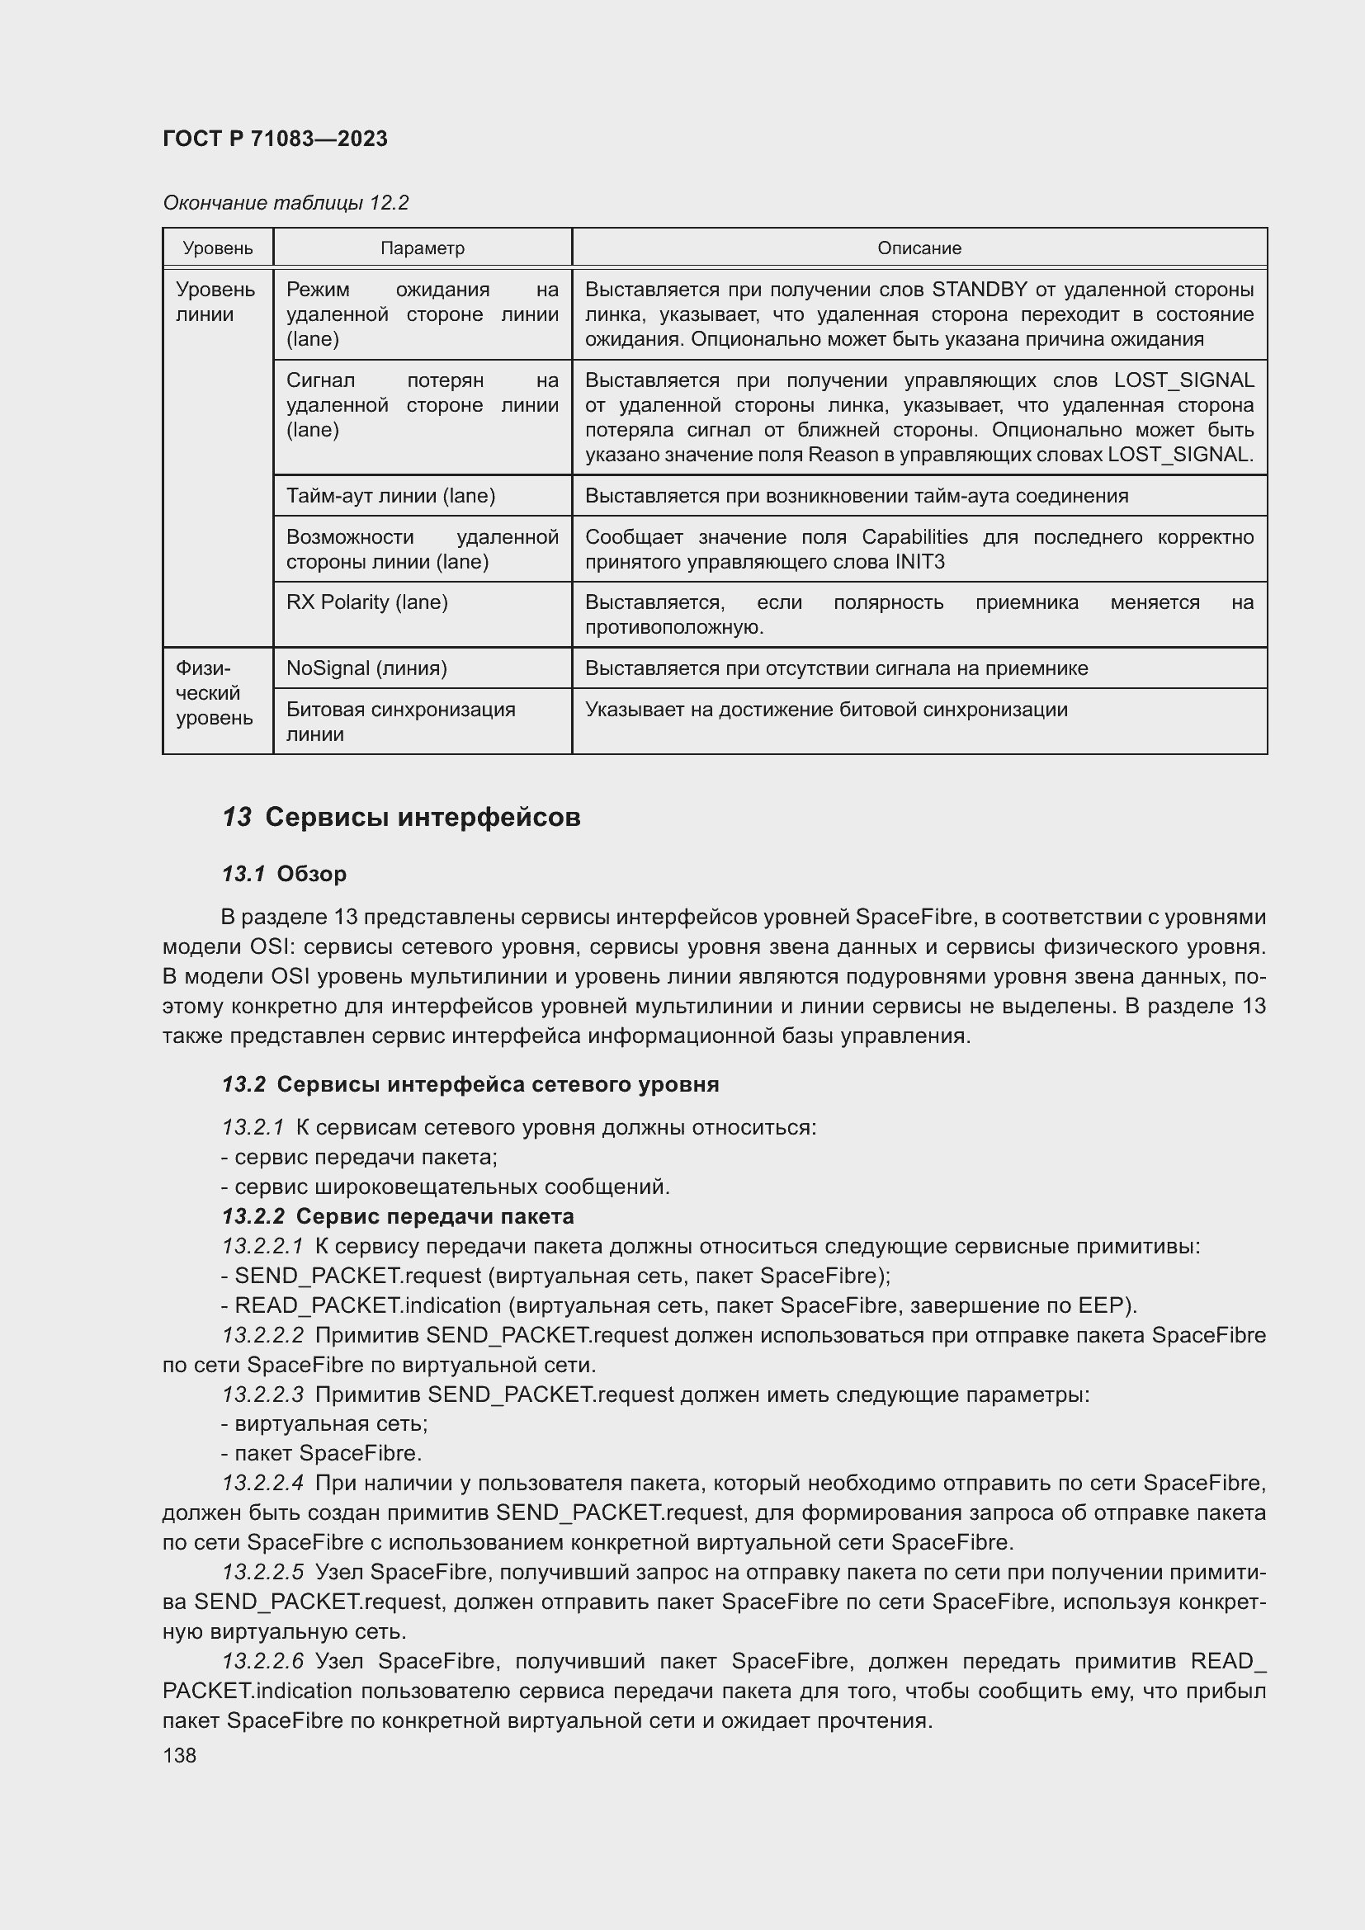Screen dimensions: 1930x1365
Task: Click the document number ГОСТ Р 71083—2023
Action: [x=275, y=139]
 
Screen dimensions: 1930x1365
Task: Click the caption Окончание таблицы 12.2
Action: [x=286, y=203]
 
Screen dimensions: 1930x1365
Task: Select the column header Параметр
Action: [x=422, y=248]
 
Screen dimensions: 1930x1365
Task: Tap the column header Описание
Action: [x=919, y=248]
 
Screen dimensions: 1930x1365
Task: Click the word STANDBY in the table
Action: [x=980, y=289]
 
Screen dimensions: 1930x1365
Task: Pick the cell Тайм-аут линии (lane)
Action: [x=391, y=495]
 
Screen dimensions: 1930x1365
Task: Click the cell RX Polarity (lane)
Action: [x=367, y=602]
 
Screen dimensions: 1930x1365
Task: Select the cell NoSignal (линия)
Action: [x=366, y=668]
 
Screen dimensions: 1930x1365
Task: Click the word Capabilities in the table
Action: [x=914, y=536]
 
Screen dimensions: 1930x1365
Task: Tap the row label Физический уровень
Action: [x=215, y=693]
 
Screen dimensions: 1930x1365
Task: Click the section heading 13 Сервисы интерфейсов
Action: [x=402, y=817]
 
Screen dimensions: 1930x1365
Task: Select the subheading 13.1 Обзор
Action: [x=284, y=874]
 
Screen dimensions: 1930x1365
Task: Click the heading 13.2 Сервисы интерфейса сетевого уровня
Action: [x=470, y=1084]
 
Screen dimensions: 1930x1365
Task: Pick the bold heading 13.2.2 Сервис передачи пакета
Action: [x=398, y=1216]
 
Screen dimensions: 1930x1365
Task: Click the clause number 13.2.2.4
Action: [x=262, y=1483]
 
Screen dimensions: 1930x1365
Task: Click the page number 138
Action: [x=180, y=1755]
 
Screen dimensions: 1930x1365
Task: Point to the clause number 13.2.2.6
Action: [x=262, y=1661]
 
